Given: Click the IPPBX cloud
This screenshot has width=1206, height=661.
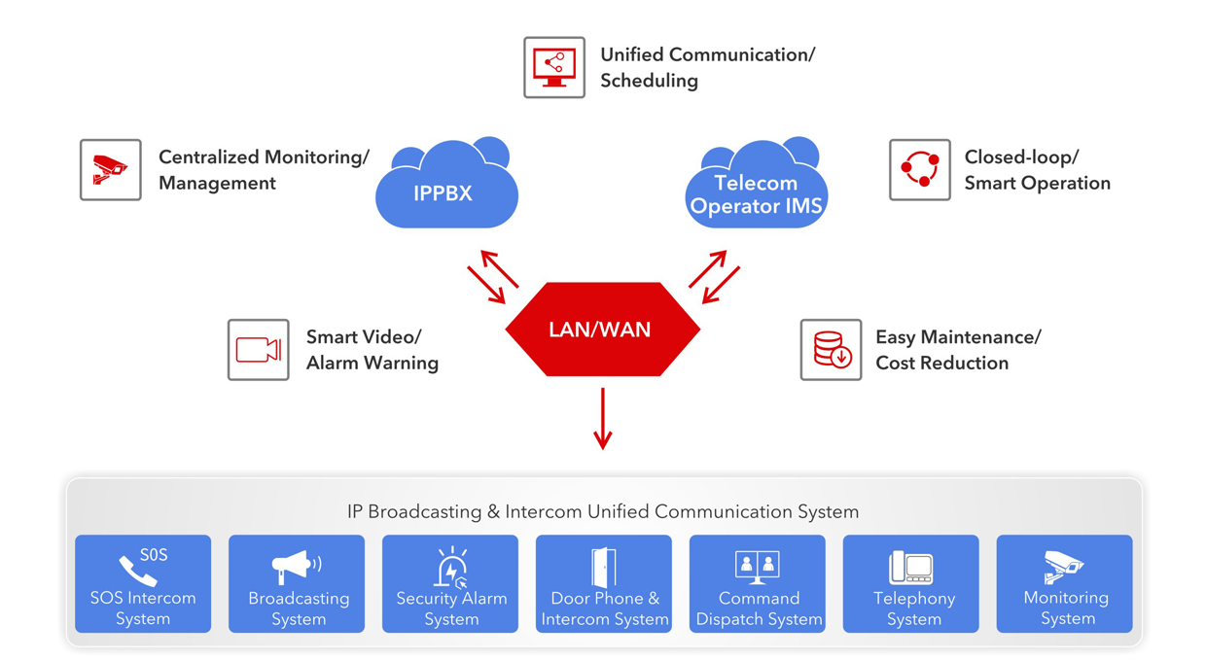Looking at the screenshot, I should click(446, 190).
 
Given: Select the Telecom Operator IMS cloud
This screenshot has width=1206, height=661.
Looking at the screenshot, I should click(756, 191).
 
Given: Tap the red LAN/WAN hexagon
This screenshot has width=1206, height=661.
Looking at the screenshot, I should click(602, 330).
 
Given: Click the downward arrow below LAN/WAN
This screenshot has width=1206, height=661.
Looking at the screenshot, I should click(603, 419).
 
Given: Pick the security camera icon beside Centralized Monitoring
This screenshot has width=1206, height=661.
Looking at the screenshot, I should click(111, 170).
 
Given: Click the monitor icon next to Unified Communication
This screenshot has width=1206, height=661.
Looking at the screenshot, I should click(554, 68).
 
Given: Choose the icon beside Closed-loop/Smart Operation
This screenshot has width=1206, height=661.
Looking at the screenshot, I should click(920, 170).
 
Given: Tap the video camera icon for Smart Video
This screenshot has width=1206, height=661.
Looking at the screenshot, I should click(259, 350).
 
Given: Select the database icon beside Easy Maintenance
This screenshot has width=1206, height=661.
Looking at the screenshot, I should click(832, 350).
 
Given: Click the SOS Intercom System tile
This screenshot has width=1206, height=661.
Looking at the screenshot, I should click(143, 584).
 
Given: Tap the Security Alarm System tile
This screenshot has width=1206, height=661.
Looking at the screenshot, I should click(450, 584).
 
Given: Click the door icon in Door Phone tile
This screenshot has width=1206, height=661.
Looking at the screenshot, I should click(603, 567).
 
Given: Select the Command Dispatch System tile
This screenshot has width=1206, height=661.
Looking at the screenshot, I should click(758, 584).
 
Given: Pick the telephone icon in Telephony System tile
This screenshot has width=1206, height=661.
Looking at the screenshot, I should click(911, 567).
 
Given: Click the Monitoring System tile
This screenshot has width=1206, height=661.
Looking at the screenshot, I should click(1065, 584).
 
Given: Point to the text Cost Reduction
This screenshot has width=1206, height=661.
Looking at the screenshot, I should click(941, 364).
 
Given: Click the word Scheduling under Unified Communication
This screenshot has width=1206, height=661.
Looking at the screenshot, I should click(649, 81).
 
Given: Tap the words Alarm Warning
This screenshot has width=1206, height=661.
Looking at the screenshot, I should click(372, 364).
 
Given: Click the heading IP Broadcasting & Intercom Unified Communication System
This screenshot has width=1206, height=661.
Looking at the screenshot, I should click(603, 511).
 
